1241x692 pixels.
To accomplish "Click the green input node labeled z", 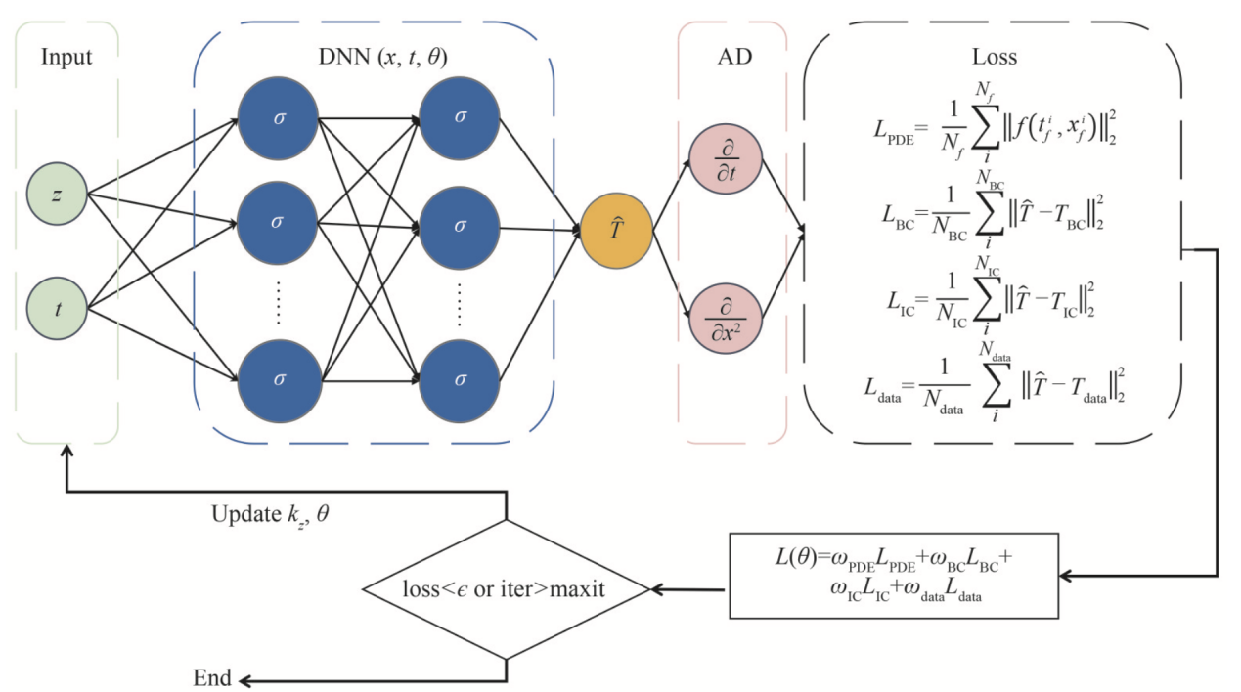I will pyautogui.click(x=57, y=194).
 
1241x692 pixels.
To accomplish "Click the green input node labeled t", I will pyautogui.click(x=57, y=310).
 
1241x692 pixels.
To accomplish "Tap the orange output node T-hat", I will pyautogui.click(x=616, y=232).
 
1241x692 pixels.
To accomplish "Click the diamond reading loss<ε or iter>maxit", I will pyautogui.click(x=506, y=589).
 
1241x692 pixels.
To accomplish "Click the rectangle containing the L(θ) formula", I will pyautogui.click(x=894, y=576).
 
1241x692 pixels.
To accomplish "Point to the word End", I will pyautogui.click(x=213, y=678).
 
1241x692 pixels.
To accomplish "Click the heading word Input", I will pyautogui.click(x=66, y=57).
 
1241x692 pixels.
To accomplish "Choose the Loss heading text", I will pyautogui.click(x=996, y=57).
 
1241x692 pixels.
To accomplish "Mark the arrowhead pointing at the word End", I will pyautogui.click(x=245, y=679).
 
